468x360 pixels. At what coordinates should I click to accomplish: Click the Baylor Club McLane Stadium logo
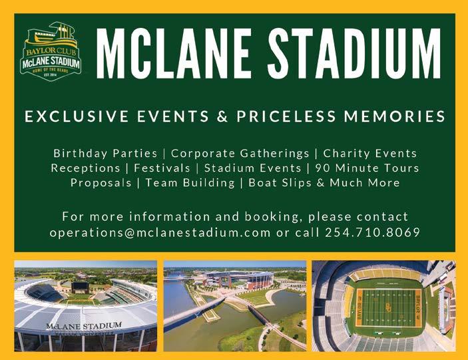[x=51, y=51]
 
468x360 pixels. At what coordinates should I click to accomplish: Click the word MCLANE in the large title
[x=174, y=54]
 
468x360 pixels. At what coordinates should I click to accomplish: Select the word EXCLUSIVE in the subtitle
[x=77, y=116]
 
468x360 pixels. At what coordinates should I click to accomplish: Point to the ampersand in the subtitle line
[x=222, y=116]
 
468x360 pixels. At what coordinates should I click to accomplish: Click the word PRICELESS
[x=286, y=116]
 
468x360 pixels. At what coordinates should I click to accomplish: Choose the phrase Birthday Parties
[x=105, y=153]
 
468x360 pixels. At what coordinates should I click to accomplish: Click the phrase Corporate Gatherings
[x=240, y=153]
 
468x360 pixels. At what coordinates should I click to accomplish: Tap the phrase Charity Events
[x=370, y=153]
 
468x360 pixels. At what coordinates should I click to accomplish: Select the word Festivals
[x=162, y=168]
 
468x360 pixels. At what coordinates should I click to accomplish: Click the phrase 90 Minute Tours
[x=367, y=168]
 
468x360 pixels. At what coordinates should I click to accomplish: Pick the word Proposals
[x=101, y=182]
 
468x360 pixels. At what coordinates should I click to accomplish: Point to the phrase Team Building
[x=190, y=182]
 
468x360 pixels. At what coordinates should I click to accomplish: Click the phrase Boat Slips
[x=280, y=182]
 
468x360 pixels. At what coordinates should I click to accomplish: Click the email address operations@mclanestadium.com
[x=160, y=232]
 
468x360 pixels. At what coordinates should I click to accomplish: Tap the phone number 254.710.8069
[x=373, y=232]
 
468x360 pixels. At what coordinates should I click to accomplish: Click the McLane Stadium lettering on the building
[x=84, y=325]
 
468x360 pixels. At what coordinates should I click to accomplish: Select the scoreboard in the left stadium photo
[x=81, y=287]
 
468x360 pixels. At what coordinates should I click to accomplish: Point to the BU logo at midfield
[x=387, y=307]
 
